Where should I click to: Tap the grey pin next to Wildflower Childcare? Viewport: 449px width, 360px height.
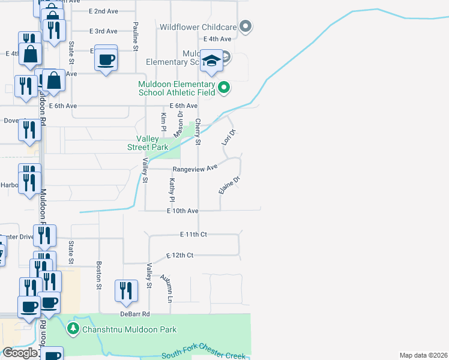coord(245,26)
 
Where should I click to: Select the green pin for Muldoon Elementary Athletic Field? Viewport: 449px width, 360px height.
coord(224,88)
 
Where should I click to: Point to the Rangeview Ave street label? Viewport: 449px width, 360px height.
coord(195,169)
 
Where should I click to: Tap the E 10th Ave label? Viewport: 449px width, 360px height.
coord(182,211)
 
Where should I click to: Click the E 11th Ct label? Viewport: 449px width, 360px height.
coord(193,235)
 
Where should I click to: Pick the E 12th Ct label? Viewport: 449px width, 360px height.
coord(179,256)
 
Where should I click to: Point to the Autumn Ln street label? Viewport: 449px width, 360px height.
coord(166,289)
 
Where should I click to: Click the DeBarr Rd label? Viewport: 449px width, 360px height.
coord(133,314)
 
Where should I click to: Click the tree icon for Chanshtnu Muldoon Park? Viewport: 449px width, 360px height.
coord(73,329)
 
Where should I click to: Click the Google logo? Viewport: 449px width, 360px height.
coord(20,353)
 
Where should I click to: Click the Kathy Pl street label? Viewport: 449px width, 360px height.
coord(172,190)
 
